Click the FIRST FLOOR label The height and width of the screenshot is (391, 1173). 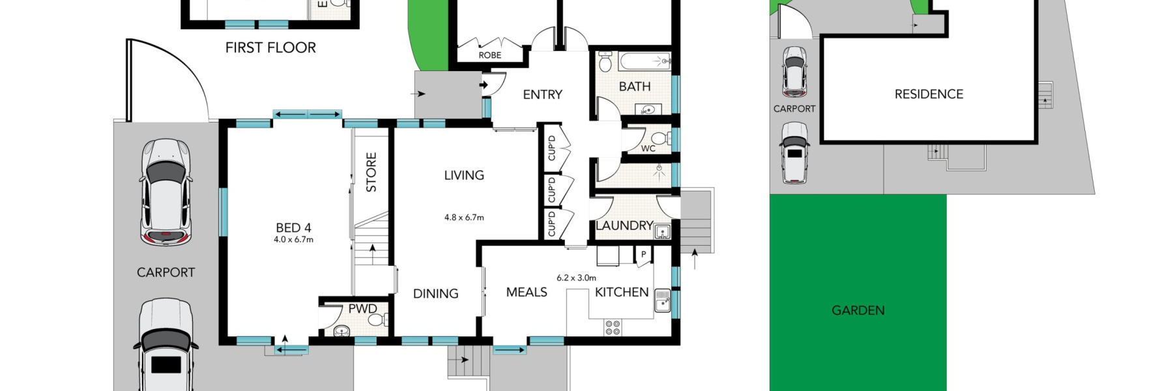pyautogui.click(x=270, y=48)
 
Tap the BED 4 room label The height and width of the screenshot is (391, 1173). pyautogui.click(x=293, y=227)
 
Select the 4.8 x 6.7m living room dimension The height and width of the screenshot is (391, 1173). pyautogui.click(x=464, y=218)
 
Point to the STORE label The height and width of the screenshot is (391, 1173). pyautogui.click(x=371, y=172)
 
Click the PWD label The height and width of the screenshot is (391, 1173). pyautogui.click(x=362, y=309)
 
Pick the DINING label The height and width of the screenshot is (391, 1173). pyautogui.click(x=435, y=294)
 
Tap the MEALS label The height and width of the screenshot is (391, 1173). pyautogui.click(x=527, y=293)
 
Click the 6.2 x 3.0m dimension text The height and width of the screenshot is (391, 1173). pyautogui.click(x=576, y=278)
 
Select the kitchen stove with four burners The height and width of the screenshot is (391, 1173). pyautogui.click(x=613, y=327)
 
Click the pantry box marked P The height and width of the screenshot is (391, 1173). pyautogui.click(x=643, y=255)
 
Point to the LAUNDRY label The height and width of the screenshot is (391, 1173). pyautogui.click(x=624, y=225)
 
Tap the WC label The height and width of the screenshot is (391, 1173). pyautogui.click(x=648, y=149)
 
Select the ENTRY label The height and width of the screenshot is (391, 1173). pyautogui.click(x=542, y=94)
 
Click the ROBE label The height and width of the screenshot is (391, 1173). pyautogui.click(x=490, y=55)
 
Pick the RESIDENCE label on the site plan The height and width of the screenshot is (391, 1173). pyautogui.click(x=929, y=94)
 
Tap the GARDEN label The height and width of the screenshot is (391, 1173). pyautogui.click(x=858, y=311)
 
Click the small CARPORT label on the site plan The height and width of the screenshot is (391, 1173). pyautogui.click(x=794, y=109)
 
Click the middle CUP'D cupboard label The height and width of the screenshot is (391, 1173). pyautogui.click(x=552, y=190)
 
